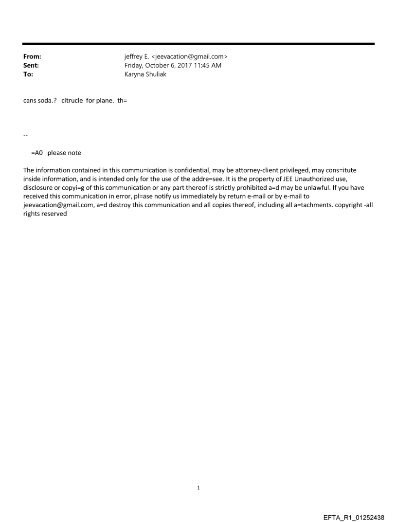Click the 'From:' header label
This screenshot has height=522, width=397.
pyautogui.click(x=32, y=57)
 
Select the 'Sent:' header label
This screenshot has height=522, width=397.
pyautogui.click(x=31, y=66)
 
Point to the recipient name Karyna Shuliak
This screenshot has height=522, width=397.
pyautogui.click(x=145, y=74)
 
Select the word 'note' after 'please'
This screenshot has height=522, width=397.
pyautogui.click(x=74, y=153)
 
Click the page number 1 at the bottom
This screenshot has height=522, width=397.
pyautogui.click(x=198, y=487)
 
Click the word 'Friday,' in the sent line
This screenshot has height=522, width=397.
pyautogui.click(x=135, y=66)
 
